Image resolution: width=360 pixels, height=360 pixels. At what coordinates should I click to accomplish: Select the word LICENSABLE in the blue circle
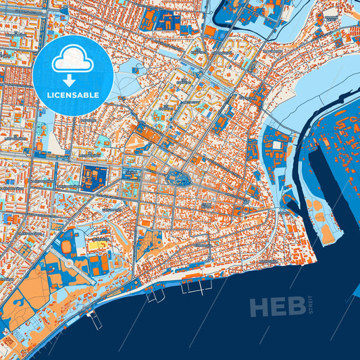(x=72, y=95)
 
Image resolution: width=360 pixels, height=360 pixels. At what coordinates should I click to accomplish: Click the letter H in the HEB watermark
(x=259, y=307)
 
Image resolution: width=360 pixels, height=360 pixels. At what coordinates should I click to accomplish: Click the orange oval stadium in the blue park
(x=68, y=247)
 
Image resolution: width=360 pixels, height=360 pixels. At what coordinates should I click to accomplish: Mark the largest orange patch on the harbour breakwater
(x=329, y=233)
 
